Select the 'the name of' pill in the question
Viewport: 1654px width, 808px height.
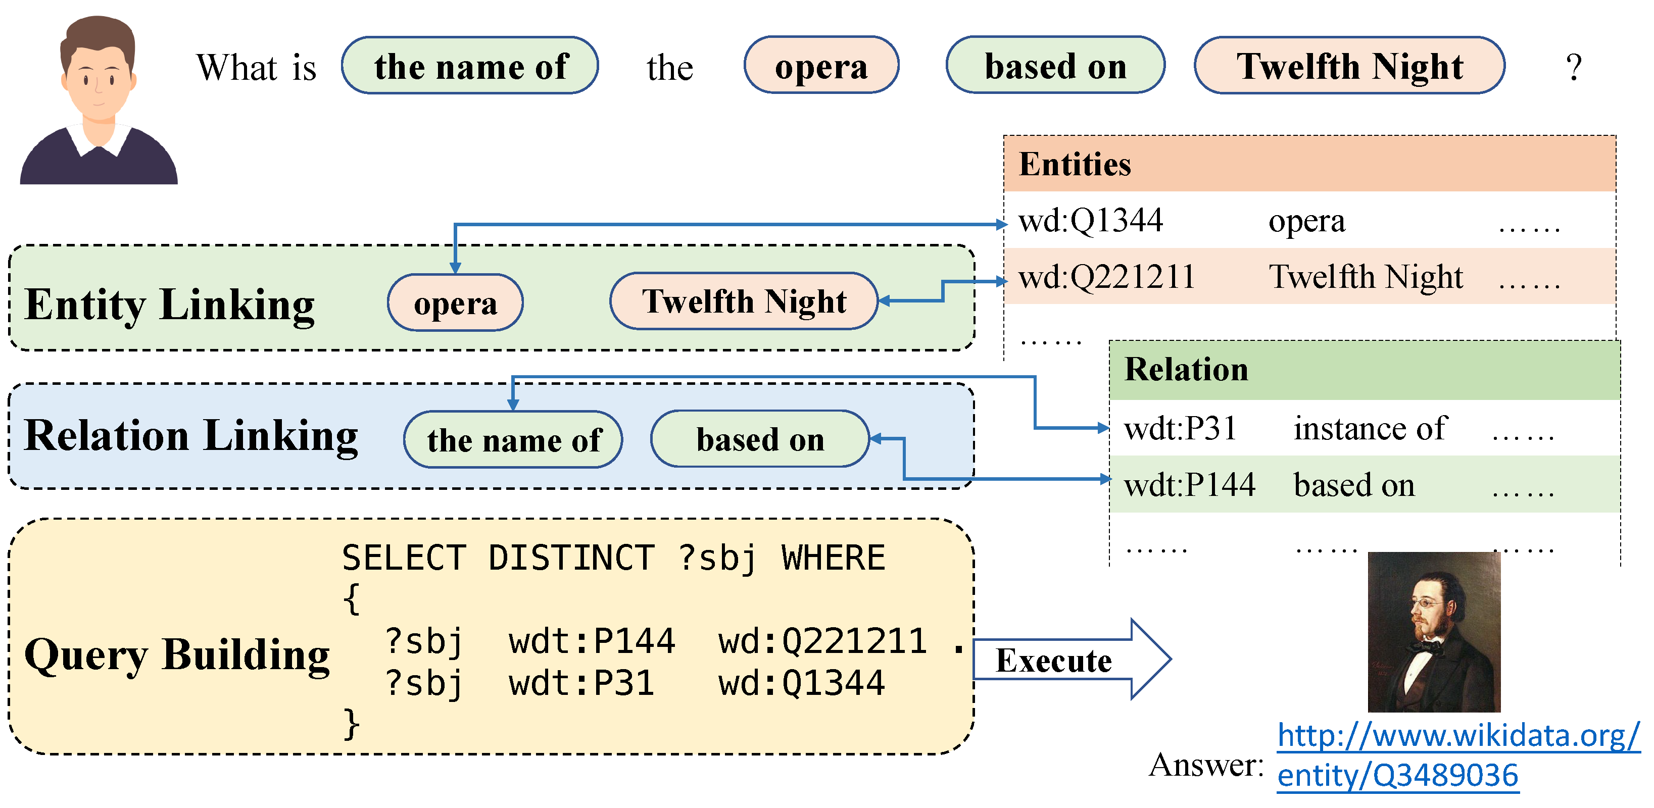(x=470, y=66)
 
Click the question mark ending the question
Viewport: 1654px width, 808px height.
(x=1573, y=67)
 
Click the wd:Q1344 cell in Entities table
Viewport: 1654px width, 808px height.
(x=1090, y=221)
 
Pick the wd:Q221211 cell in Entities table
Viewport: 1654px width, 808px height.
(x=1106, y=277)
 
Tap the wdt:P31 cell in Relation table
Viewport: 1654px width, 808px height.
(x=1180, y=429)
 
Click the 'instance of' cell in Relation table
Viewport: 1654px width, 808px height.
(x=1370, y=429)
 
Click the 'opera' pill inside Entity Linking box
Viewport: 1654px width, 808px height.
(x=455, y=303)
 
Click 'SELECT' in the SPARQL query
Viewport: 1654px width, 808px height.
(x=403, y=557)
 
